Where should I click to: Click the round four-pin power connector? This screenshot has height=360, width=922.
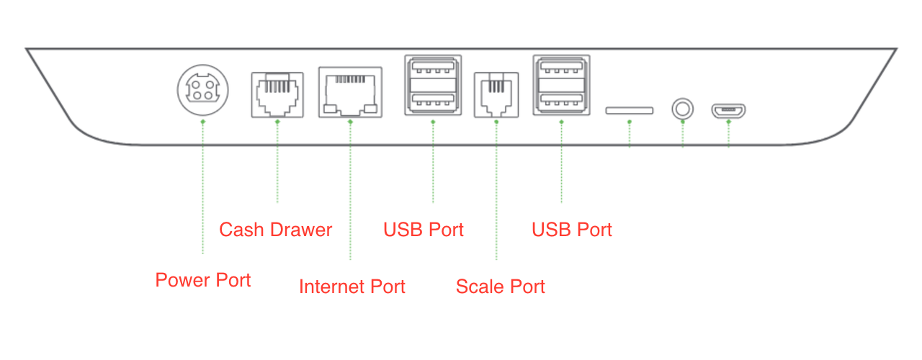(203, 91)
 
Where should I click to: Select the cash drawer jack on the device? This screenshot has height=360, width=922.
(277, 94)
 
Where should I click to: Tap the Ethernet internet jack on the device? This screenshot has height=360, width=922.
(350, 94)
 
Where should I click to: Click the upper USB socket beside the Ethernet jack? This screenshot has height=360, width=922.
(433, 70)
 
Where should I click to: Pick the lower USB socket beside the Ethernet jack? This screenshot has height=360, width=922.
(433, 100)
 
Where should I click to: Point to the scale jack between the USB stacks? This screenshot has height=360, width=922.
(496, 94)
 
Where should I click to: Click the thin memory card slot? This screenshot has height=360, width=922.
(630, 111)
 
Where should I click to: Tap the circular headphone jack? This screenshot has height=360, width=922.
(683, 110)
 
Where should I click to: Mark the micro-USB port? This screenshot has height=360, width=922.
(728, 111)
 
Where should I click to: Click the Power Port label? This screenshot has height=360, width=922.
(203, 280)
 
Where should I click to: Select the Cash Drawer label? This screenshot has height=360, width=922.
(275, 230)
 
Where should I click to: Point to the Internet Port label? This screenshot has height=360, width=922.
(352, 287)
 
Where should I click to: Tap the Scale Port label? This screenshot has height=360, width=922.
(501, 287)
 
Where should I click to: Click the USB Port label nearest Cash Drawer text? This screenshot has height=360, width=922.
(424, 230)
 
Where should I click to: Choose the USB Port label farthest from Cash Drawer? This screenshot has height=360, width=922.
(572, 230)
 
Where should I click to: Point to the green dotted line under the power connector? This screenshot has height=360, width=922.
(203, 187)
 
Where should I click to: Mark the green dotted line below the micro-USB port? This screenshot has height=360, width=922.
(728, 135)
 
